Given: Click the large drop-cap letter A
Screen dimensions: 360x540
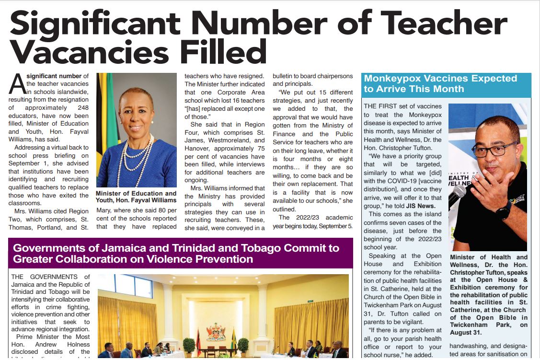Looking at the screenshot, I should point(17,84).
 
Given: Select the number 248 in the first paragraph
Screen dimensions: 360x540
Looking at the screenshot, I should point(82,108).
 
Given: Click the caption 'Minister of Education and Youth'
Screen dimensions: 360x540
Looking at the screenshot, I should point(136,197).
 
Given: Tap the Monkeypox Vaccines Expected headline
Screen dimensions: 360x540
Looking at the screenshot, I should point(440,83).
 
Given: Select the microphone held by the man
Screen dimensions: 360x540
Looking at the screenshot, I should point(458,194).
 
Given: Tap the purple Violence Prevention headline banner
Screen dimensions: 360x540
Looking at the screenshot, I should point(181,254).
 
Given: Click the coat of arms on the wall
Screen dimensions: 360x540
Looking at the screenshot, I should point(216,331).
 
